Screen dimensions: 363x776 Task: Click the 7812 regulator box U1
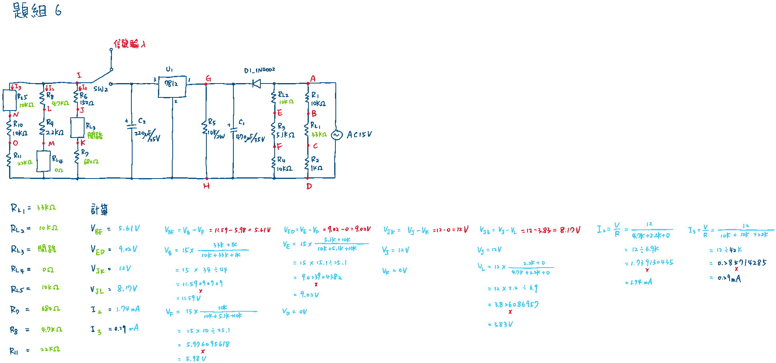pyautogui.click(x=172, y=87)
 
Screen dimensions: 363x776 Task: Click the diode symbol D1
pyautogui.click(x=256, y=83)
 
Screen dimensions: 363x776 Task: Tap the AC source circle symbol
pyautogui.click(x=336, y=135)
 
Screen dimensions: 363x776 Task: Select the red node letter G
pyautogui.click(x=208, y=79)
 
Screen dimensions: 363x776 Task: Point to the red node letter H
pyautogui.click(x=206, y=186)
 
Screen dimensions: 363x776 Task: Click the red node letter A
pyautogui.click(x=313, y=79)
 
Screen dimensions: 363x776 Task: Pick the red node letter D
pyautogui.click(x=309, y=186)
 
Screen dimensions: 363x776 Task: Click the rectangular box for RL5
pyautogui.click(x=10, y=100)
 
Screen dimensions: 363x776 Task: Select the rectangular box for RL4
pyautogui.click(x=43, y=161)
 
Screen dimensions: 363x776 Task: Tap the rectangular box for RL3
pyautogui.click(x=77, y=127)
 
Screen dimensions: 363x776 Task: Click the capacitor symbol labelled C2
pyautogui.click(x=131, y=126)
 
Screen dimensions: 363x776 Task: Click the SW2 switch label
pyautogui.click(x=100, y=89)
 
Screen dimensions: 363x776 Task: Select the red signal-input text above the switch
pyautogui.click(x=129, y=44)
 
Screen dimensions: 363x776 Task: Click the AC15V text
pyautogui.click(x=359, y=135)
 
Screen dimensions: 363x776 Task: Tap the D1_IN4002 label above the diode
pyautogui.click(x=259, y=70)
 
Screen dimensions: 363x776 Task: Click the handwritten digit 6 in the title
pyautogui.click(x=58, y=11)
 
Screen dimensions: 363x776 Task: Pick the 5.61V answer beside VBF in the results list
pyautogui.click(x=129, y=229)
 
